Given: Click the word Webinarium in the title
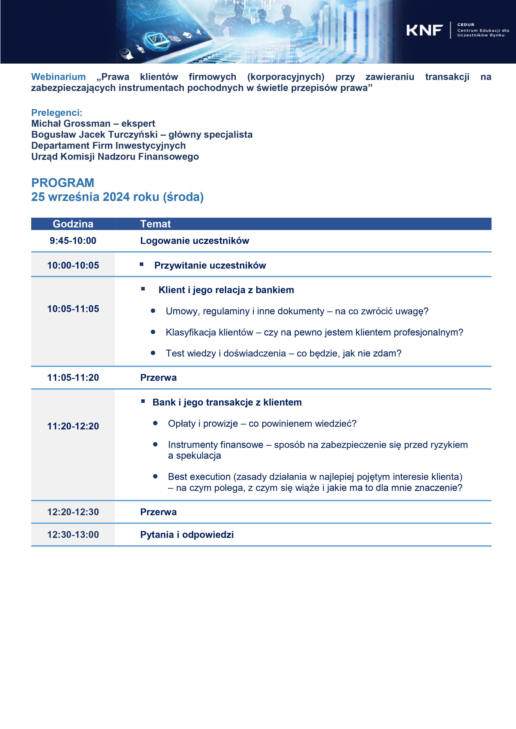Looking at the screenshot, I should [x=58, y=77].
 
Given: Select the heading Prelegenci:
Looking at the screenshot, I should [x=57, y=113].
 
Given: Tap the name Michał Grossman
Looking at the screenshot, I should [x=71, y=124].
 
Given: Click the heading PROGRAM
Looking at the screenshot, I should [x=63, y=183].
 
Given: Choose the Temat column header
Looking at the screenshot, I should [x=156, y=224].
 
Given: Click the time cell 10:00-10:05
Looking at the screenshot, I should [x=73, y=266].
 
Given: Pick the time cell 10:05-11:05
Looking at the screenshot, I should [x=73, y=309].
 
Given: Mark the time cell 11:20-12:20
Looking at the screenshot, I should [x=73, y=426].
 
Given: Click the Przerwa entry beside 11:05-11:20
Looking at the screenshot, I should [x=158, y=377].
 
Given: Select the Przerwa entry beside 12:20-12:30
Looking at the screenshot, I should [x=158, y=512].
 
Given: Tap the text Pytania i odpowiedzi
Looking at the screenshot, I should [x=187, y=535].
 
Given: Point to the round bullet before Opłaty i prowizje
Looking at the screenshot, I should [x=156, y=423].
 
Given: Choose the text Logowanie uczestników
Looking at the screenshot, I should [x=195, y=241].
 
